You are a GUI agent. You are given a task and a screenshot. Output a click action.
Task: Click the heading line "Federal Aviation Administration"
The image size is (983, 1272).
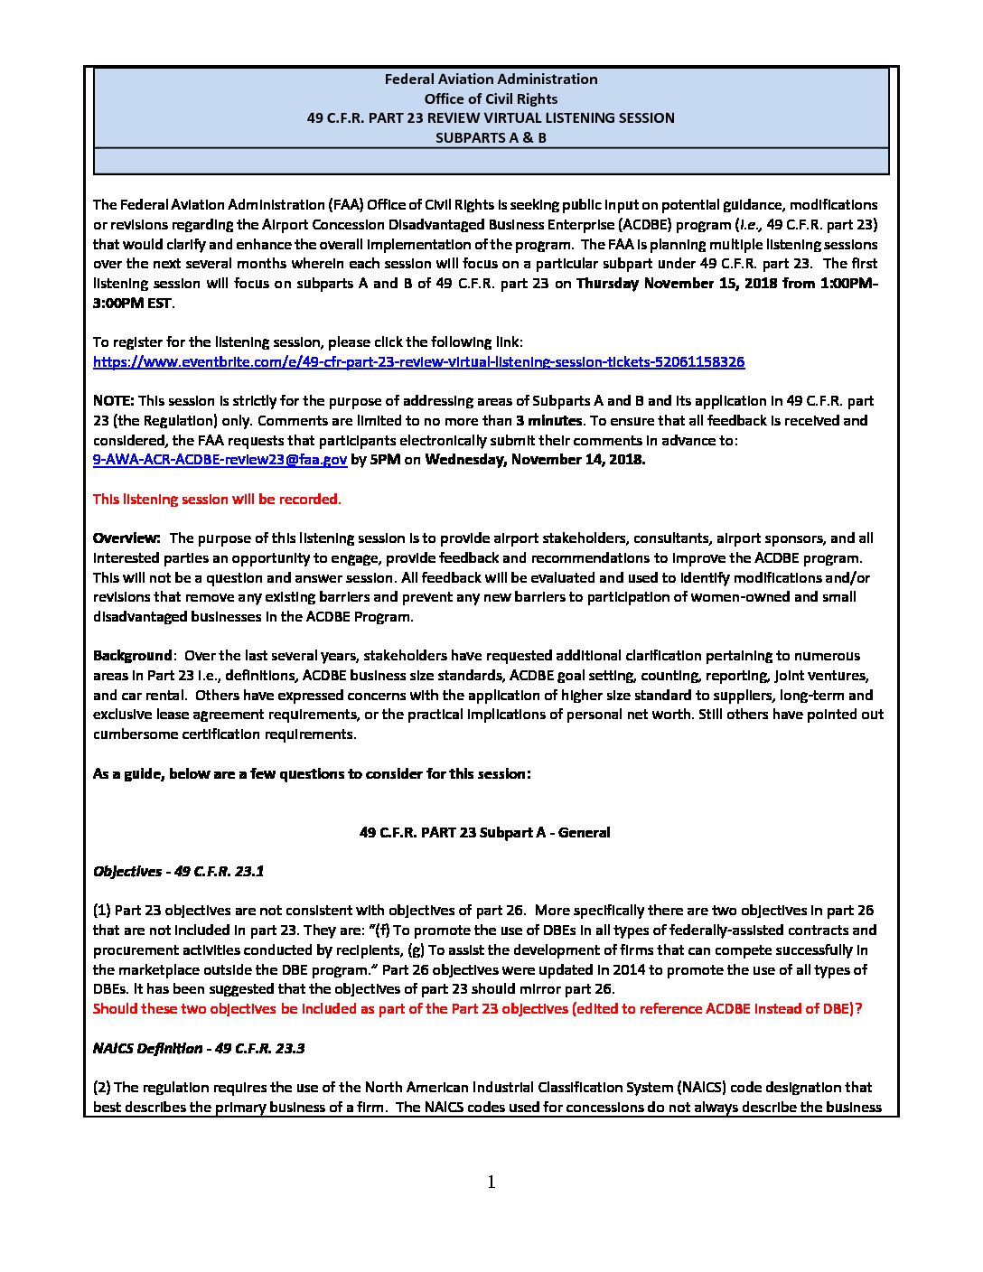coord(491,79)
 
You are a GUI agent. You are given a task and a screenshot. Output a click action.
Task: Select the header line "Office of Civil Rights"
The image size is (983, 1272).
coord(491,99)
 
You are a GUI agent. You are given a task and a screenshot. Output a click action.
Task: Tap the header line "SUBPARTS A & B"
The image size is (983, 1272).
coord(491,138)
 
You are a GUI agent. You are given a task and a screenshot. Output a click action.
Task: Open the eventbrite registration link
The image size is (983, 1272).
coord(418,362)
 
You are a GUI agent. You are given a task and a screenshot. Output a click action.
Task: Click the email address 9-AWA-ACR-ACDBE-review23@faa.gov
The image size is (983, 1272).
coord(220,460)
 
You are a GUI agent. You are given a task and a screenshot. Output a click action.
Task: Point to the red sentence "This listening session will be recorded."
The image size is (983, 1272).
coord(217,500)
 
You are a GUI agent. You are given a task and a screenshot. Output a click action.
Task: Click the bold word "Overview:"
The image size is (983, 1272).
coord(126,538)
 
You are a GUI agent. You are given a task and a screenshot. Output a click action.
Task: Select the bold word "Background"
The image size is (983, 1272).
coord(132,656)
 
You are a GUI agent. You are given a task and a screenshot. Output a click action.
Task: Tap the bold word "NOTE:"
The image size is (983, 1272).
coord(114,401)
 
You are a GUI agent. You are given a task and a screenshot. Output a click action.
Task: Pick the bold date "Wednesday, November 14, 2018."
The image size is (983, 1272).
coord(535,460)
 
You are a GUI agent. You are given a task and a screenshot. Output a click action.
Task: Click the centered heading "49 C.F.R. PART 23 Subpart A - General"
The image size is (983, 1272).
coord(484,833)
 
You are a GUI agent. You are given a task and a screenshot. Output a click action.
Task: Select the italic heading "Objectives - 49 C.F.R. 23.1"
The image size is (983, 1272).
coord(178,872)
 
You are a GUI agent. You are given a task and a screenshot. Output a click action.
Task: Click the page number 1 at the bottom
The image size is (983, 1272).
coord(491,1183)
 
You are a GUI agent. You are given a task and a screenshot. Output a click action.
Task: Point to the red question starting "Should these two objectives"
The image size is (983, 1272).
coord(477,1009)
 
